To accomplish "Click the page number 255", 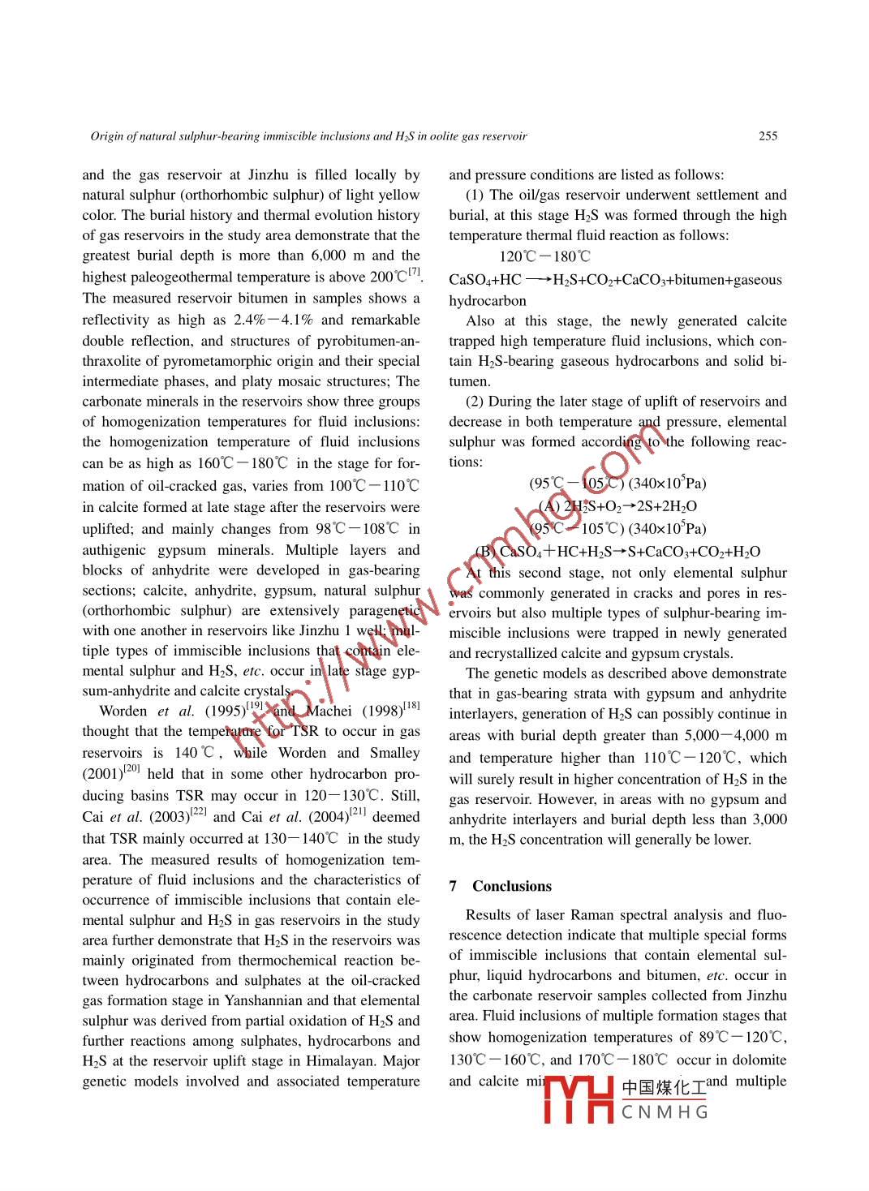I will [x=768, y=136].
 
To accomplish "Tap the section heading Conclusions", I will [x=511, y=886].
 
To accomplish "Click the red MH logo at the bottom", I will [x=578, y=1100].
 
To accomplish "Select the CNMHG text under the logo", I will [x=665, y=1111].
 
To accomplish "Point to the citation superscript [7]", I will [x=415, y=272].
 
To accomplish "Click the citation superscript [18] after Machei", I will [x=411, y=706].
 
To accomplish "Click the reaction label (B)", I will [x=485, y=552].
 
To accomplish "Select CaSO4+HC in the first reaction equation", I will [x=485, y=280].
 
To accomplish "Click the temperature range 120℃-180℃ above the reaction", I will [x=545, y=257].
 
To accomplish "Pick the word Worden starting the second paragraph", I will [x=123, y=712].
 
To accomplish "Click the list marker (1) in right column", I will [x=475, y=195].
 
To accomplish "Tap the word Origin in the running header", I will [x=105, y=136].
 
